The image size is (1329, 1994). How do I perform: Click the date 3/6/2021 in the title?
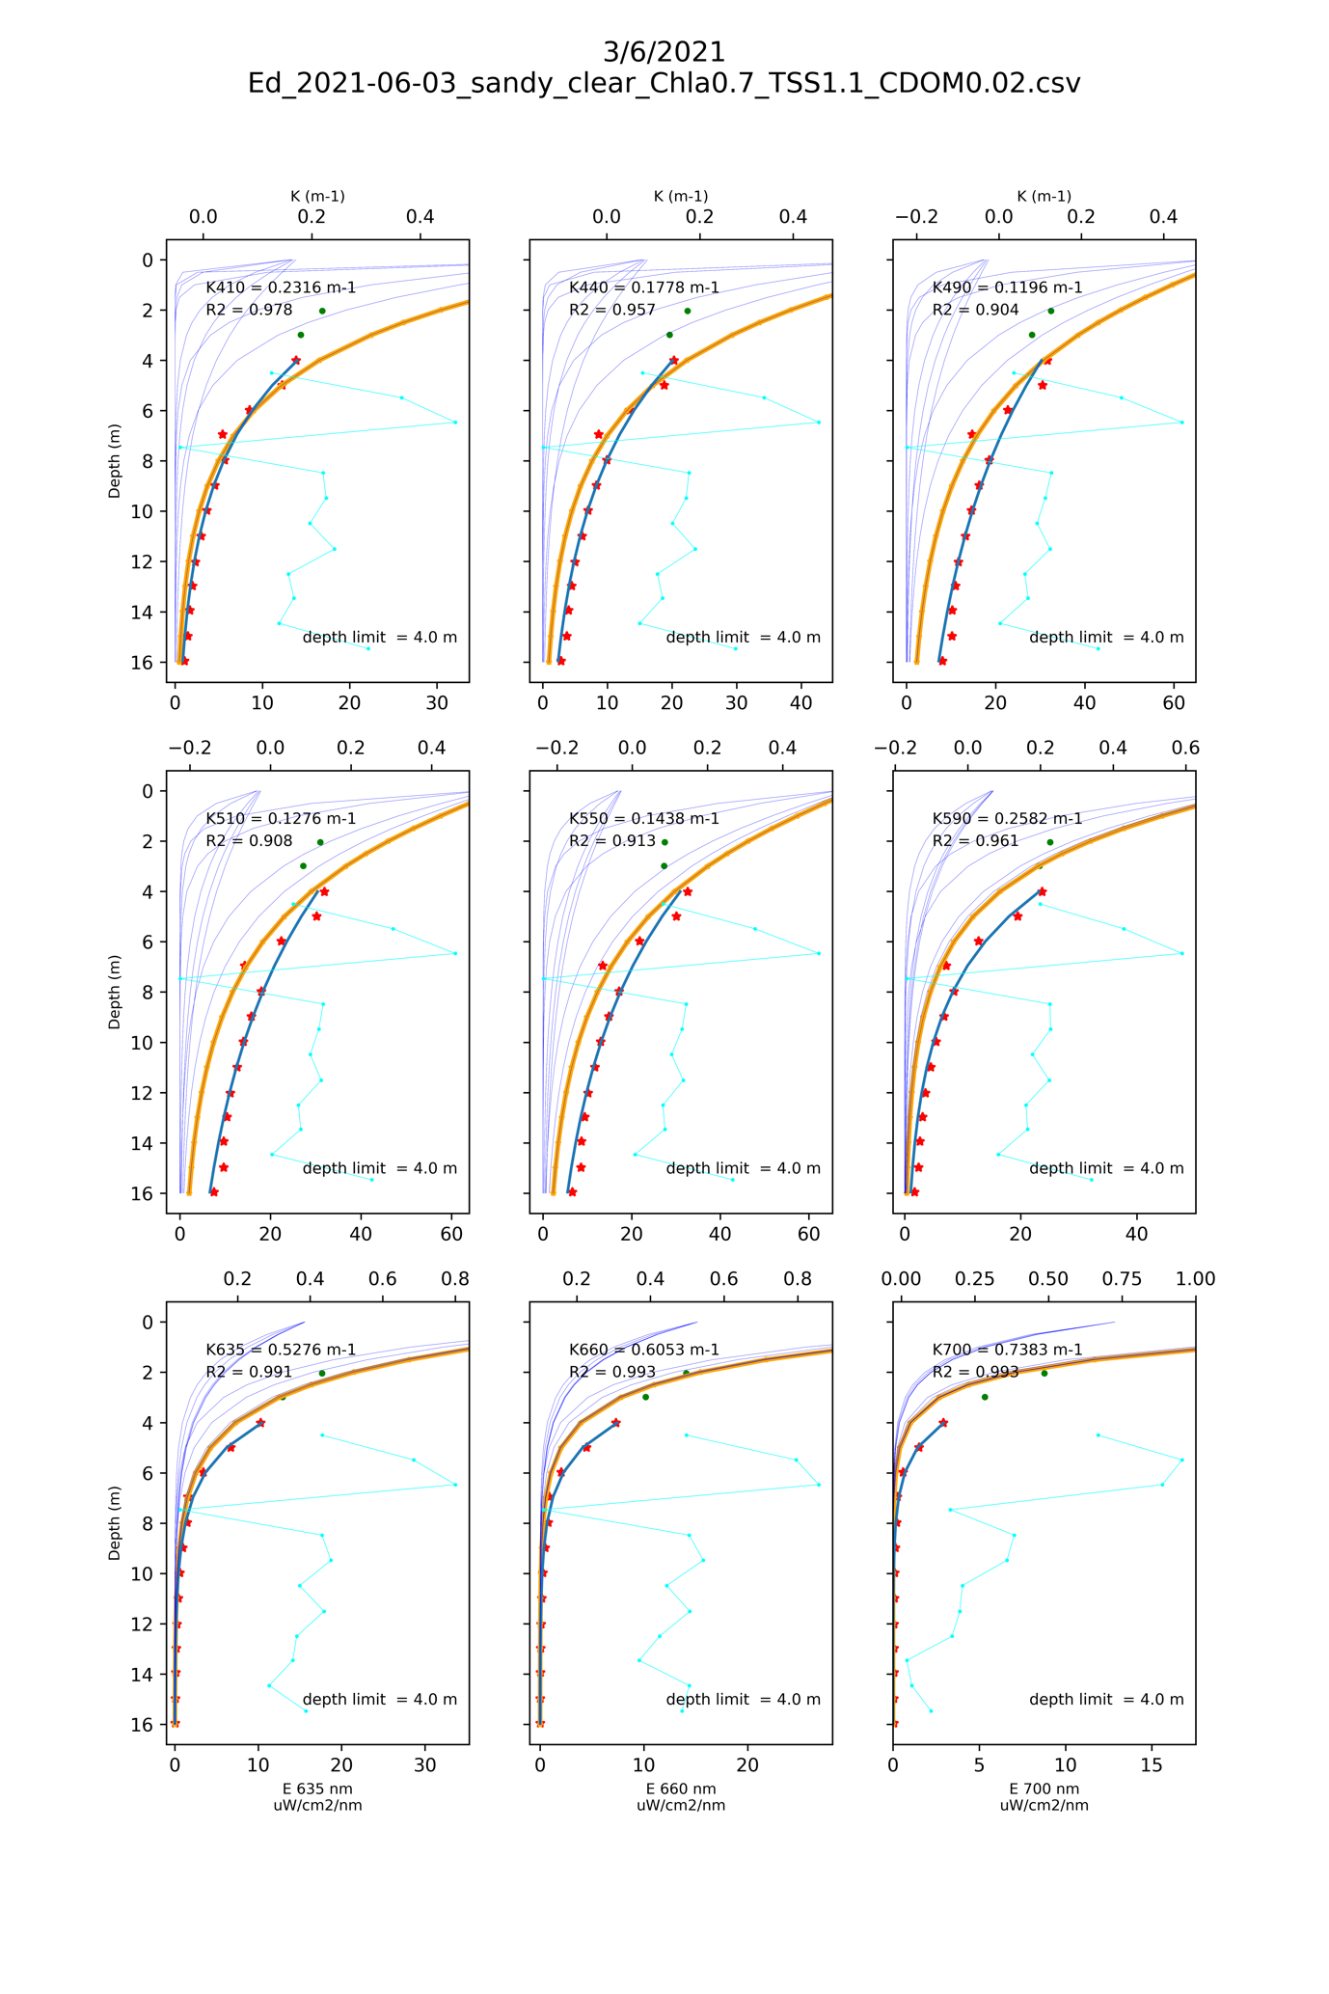664,51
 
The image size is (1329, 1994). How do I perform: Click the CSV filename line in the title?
664,83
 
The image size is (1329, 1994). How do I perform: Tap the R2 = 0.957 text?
612,310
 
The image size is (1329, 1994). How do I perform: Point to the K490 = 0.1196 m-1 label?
1007,287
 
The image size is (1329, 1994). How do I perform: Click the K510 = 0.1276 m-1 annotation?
281,819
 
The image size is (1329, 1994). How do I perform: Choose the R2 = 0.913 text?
612,841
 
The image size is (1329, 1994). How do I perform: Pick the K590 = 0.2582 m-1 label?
1007,819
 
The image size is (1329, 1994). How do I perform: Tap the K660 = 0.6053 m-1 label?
644,1350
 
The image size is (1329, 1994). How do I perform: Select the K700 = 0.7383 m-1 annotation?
1007,1350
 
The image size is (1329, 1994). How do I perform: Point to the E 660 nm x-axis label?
681,1789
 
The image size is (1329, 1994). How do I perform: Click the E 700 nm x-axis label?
1044,1789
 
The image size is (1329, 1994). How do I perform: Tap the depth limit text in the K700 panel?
1106,1700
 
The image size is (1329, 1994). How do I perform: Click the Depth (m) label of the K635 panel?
115,1522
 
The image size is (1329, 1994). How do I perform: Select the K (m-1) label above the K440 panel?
681,196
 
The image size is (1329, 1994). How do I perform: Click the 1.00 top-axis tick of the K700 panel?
1196,1279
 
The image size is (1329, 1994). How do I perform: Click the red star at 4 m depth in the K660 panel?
615,1423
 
